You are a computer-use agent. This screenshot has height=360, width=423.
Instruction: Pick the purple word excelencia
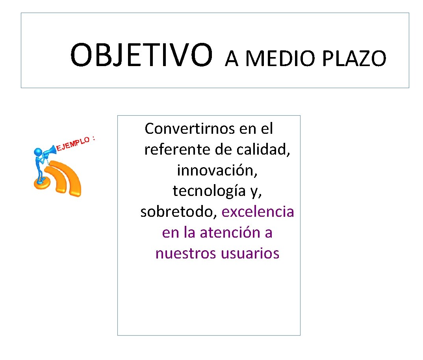click(x=258, y=212)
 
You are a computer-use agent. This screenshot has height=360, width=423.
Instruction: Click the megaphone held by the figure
click(x=50, y=150)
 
